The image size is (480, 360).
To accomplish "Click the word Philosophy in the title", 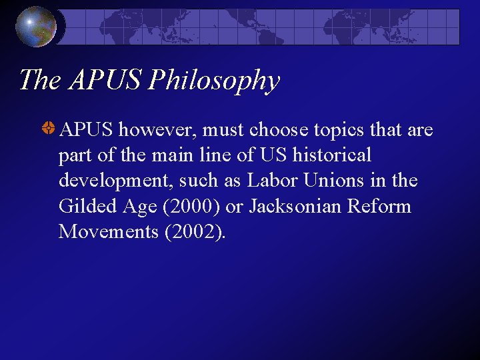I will pos(214,81).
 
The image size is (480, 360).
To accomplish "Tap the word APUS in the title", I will pos(105,81).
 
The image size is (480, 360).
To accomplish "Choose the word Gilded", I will pos(83,207).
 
